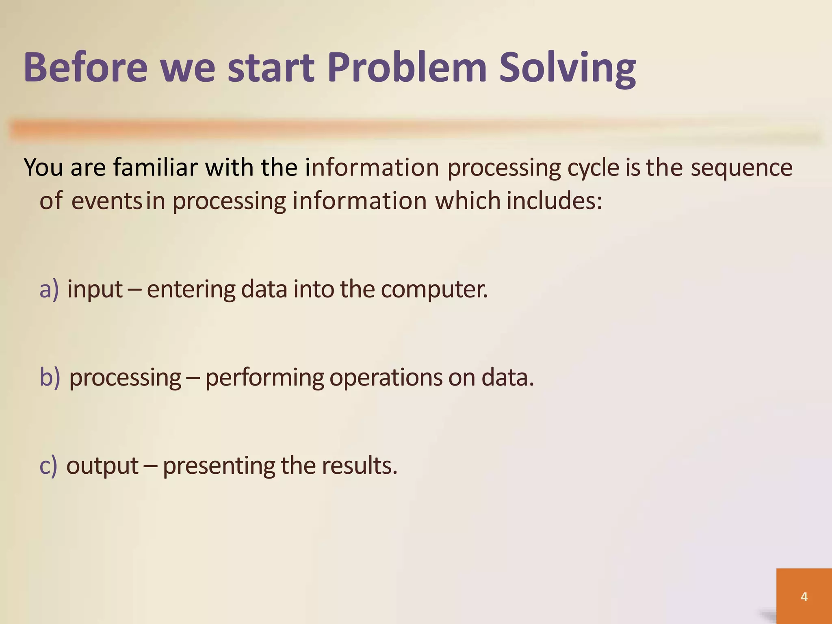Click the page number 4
804,597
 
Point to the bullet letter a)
49,290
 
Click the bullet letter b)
50,377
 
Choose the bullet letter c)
48,466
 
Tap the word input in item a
95,290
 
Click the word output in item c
102,466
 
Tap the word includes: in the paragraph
554,201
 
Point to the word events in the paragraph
106,201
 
